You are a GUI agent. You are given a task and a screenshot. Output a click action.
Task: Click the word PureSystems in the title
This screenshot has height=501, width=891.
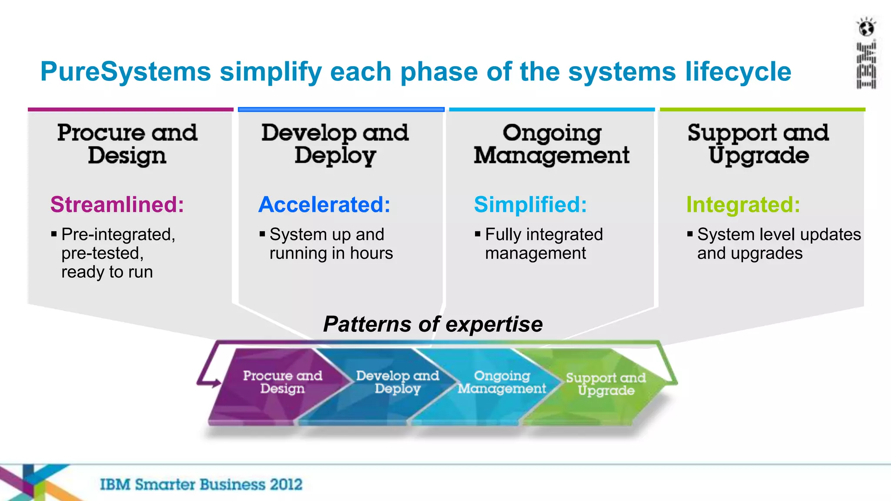(125, 72)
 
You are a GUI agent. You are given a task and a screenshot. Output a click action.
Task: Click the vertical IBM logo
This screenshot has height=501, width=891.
(866, 65)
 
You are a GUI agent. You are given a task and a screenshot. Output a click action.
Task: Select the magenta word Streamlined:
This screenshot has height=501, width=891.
(117, 204)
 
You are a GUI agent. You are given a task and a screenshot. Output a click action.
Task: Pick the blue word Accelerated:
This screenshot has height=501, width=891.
(324, 204)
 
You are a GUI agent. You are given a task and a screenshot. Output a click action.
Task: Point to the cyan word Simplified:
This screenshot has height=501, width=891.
(530, 204)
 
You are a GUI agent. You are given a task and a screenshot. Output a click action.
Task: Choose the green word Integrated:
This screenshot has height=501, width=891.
(743, 204)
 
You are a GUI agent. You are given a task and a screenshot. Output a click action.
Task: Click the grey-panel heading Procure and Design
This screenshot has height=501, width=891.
(127, 144)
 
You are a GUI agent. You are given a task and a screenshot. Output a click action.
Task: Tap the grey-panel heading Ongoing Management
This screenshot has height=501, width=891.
(552, 144)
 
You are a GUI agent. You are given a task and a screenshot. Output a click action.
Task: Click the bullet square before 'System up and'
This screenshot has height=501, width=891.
(262, 234)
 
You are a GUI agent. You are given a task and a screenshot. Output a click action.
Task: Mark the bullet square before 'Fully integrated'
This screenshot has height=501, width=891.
(478, 234)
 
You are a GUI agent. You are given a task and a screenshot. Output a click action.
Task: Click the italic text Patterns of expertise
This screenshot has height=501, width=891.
(433, 324)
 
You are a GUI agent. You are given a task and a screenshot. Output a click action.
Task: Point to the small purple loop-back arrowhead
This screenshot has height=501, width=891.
(216, 383)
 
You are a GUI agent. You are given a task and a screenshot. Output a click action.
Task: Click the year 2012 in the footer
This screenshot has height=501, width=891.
(285, 484)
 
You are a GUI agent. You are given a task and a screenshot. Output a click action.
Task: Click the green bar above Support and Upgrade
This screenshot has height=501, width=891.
(762, 110)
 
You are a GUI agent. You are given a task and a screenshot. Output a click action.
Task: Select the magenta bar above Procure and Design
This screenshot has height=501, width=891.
(131, 110)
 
